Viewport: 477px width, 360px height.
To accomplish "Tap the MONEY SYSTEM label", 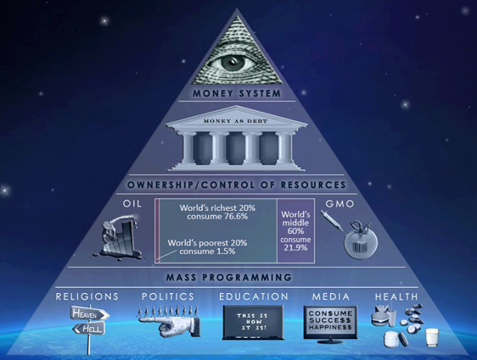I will coord(237,93).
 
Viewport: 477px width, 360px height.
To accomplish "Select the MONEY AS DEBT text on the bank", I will coord(237,119).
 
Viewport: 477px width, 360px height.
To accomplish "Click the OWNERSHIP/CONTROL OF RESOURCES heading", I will coord(237,184).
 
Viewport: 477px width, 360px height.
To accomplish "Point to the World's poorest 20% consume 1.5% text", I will coord(207,248).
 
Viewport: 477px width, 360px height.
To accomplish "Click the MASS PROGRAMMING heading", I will coord(237,277).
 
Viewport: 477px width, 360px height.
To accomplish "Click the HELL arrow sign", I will coord(89,328).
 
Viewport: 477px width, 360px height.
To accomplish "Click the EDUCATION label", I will coord(254,296).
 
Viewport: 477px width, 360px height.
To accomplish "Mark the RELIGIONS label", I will coord(87,296).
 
